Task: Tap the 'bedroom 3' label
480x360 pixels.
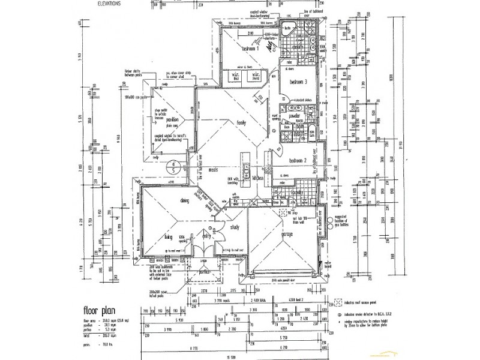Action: coord(298,82)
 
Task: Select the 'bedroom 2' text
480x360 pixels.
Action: coord(298,161)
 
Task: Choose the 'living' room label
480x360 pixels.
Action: coord(169,237)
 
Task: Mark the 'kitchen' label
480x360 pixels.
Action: coord(259,178)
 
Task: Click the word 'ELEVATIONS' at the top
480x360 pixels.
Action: coord(109,3)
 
